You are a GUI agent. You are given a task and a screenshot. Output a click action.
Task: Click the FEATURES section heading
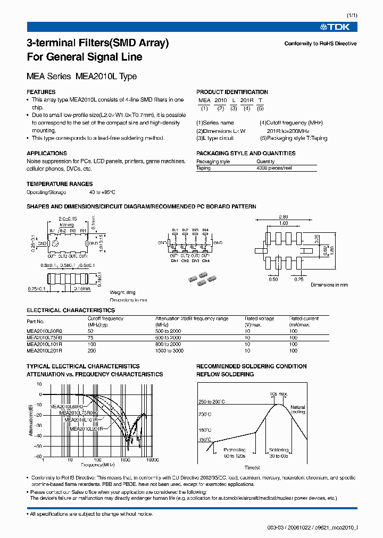pyautogui.click(x=41, y=92)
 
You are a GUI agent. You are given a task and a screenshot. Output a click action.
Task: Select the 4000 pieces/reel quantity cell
pyautogui.click(x=274, y=168)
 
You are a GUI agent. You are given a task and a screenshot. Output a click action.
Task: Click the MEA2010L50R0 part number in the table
pyautogui.click(x=44, y=331)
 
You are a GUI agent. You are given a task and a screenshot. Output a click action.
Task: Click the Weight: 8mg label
pyautogui.click(x=122, y=292)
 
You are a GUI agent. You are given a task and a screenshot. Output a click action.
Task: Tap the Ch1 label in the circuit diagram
pyautogui.click(x=174, y=260)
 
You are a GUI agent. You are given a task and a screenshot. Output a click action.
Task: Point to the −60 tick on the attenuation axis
pyautogui.click(x=38, y=457)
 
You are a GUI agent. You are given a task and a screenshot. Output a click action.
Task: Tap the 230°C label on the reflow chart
pyautogui.click(x=205, y=414)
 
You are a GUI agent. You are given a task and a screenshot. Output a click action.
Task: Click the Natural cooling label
pyautogui.click(x=297, y=410)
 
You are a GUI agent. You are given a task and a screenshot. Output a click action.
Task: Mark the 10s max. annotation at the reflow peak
pyautogui.click(x=278, y=393)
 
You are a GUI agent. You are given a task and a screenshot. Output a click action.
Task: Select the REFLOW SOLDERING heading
pyautogui.click(x=225, y=374)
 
